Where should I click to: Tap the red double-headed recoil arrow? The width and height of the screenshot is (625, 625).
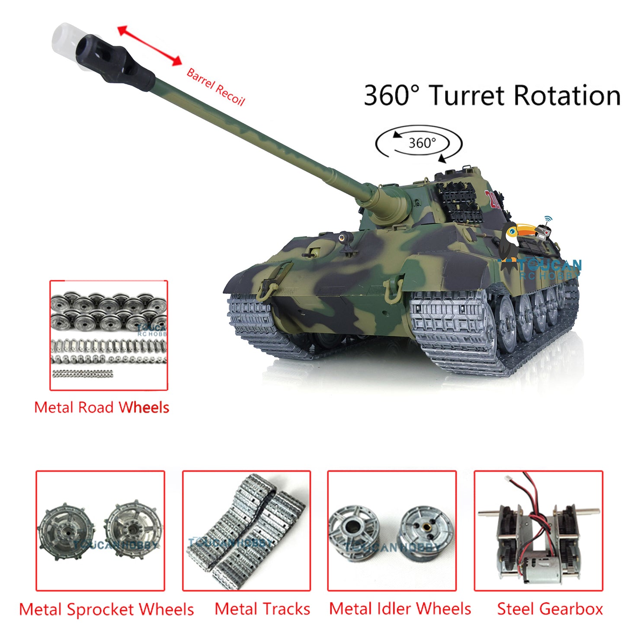(150, 46)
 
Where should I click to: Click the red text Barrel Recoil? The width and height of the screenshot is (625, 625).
(215, 87)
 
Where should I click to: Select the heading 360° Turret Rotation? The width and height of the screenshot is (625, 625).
(492, 96)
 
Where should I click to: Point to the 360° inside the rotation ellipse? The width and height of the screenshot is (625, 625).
(422, 143)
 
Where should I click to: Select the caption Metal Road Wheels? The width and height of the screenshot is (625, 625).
(102, 407)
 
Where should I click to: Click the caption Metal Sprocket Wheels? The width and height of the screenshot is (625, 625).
(106, 609)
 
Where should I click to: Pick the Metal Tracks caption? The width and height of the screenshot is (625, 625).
(262, 609)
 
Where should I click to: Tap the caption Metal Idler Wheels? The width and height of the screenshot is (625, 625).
(400, 609)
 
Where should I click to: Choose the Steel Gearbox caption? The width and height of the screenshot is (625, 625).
(550, 609)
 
